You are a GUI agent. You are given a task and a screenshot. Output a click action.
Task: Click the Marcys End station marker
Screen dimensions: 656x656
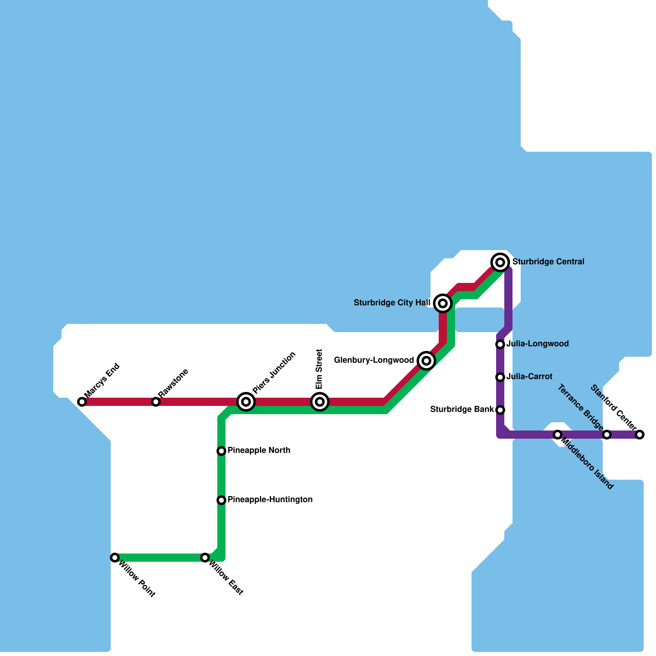pyautogui.click(x=82, y=402)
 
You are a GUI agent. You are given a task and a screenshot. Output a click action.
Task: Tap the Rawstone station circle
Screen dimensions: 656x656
pyautogui.click(x=156, y=402)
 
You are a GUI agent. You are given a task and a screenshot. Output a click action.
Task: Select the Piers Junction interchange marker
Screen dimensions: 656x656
pyautogui.click(x=246, y=402)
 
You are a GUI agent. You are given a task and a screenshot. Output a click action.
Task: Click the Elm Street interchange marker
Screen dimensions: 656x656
pyautogui.click(x=320, y=402)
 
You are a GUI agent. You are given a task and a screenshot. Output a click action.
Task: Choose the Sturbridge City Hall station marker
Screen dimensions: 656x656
pyautogui.click(x=443, y=303)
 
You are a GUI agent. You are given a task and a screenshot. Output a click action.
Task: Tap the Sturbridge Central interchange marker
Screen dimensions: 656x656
pyautogui.click(x=500, y=262)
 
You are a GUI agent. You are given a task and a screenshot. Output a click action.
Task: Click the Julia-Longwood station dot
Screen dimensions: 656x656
pyautogui.click(x=500, y=344)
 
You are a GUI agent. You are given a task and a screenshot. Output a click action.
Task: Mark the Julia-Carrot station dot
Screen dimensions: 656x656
pyautogui.click(x=500, y=377)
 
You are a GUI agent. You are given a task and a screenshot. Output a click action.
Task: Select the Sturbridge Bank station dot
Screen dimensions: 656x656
pyautogui.click(x=500, y=410)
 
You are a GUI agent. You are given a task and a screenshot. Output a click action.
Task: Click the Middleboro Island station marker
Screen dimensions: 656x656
pyautogui.click(x=558, y=435)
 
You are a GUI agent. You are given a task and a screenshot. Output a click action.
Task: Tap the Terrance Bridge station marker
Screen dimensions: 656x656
pyautogui.click(x=607, y=435)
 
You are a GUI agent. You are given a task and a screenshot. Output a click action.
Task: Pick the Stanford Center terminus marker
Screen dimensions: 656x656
pyautogui.click(x=640, y=435)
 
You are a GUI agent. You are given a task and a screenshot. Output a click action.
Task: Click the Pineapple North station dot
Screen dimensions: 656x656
pyautogui.click(x=221, y=451)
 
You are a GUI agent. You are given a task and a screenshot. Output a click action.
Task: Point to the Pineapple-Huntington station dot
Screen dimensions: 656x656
pyautogui.click(x=221, y=500)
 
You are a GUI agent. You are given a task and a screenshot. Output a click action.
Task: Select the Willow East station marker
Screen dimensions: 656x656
pyautogui.click(x=205, y=558)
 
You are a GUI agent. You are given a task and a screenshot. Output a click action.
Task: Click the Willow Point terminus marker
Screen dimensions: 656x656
pyautogui.click(x=115, y=558)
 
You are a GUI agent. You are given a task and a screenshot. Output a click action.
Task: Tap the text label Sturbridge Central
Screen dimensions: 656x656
pyautogui.click(x=548, y=262)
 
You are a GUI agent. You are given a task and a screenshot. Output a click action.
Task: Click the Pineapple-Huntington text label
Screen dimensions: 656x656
pyautogui.click(x=270, y=499)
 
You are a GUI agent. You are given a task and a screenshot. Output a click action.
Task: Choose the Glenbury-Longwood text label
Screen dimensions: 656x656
pyautogui.click(x=374, y=360)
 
